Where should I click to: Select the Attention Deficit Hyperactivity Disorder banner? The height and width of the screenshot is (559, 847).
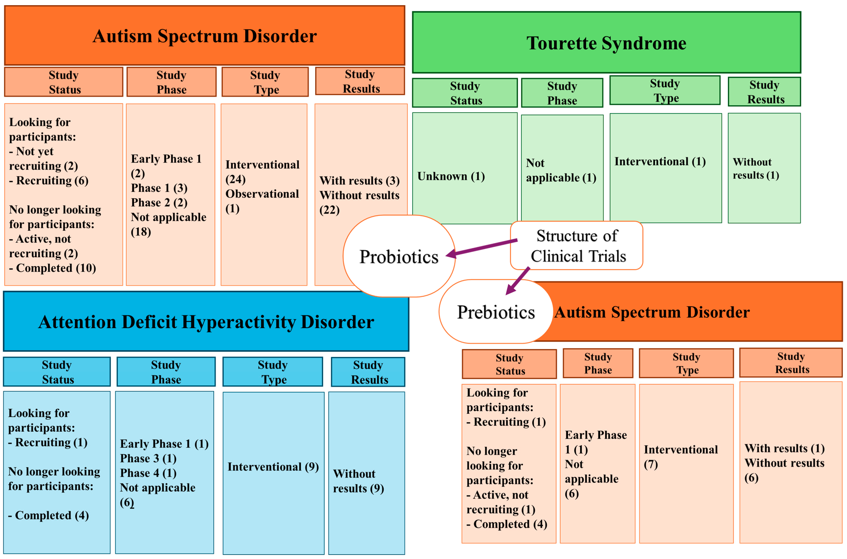[206, 321]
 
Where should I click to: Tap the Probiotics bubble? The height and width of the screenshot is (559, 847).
[399, 257]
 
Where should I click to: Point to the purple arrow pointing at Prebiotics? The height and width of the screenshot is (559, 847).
[517, 281]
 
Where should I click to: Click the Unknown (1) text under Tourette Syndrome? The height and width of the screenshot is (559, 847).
[451, 176]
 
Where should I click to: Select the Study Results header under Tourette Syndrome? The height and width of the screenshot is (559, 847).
[764, 92]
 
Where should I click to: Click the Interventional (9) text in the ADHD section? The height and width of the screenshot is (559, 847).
[273, 467]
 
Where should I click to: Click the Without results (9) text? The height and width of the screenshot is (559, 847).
[358, 481]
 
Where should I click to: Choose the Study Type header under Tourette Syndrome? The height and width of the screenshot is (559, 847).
[665, 91]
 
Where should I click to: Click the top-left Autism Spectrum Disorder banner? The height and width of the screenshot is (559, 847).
[204, 36]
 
